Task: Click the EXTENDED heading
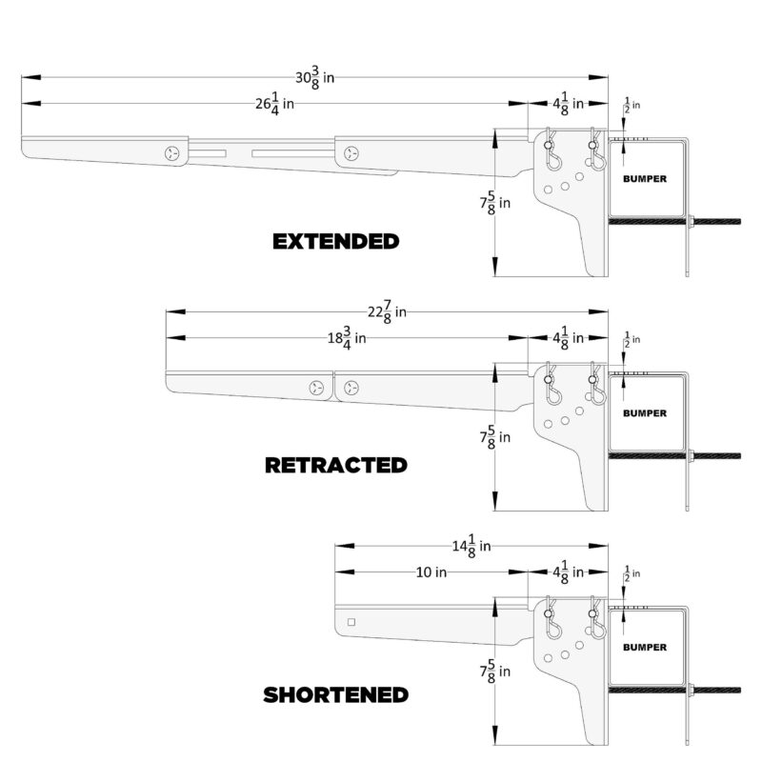pyautogui.click(x=335, y=241)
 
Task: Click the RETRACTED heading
pyautogui.click(x=335, y=466)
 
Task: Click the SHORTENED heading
pyautogui.click(x=335, y=695)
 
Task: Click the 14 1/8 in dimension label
pyautogui.click(x=471, y=546)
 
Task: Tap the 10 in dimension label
pyautogui.click(x=431, y=572)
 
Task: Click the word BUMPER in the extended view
pyautogui.click(x=645, y=178)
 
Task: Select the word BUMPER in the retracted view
pyautogui.click(x=645, y=413)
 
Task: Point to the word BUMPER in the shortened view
pyautogui.click(x=645, y=648)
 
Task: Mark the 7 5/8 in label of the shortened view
pyautogui.click(x=494, y=672)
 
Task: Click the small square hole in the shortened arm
pyautogui.click(x=351, y=623)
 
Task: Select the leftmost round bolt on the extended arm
pyautogui.click(x=172, y=153)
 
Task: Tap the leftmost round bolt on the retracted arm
pyautogui.click(x=317, y=388)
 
